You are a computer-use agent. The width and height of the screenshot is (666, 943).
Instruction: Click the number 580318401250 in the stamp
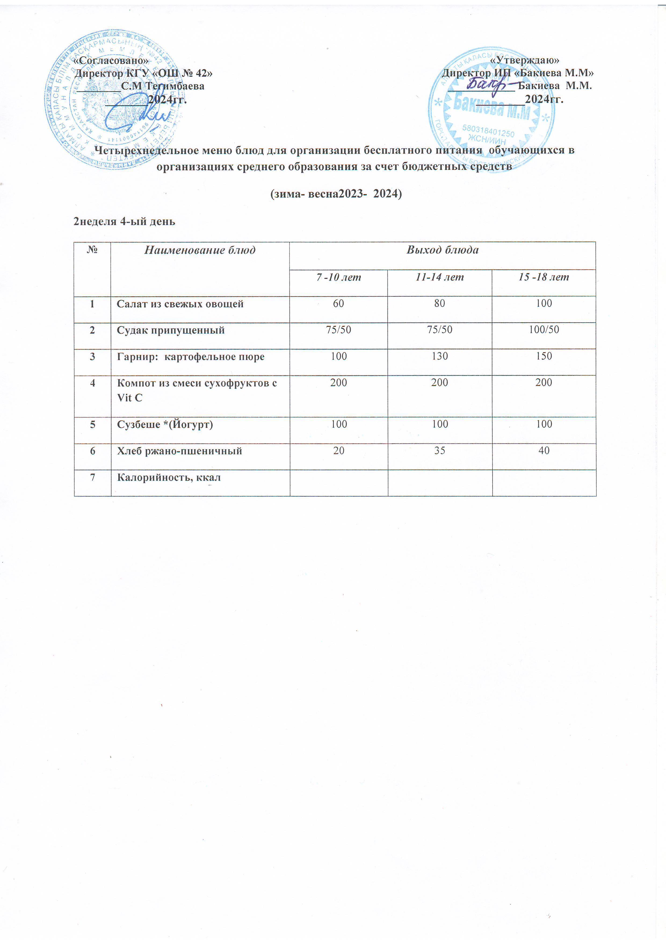click(x=488, y=131)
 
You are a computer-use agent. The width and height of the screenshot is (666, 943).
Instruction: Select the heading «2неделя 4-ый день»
click(x=124, y=222)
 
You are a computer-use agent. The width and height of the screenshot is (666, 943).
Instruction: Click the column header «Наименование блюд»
click(x=200, y=250)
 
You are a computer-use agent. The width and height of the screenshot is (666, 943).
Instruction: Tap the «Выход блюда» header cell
click(x=442, y=250)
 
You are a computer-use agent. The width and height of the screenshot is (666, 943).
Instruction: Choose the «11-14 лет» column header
click(x=440, y=277)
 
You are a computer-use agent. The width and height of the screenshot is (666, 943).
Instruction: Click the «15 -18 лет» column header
click(x=544, y=277)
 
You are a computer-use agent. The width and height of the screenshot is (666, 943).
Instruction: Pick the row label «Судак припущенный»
click(x=171, y=330)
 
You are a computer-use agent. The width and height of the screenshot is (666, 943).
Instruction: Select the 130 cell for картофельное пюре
click(x=440, y=356)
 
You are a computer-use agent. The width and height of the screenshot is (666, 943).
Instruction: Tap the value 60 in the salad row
click(x=339, y=303)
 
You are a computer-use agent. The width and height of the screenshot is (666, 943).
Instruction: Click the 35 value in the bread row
click(x=440, y=451)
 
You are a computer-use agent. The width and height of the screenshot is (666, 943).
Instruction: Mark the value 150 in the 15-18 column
click(x=544, y=356)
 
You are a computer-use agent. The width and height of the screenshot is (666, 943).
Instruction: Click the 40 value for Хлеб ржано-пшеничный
click(x=544, y=451)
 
